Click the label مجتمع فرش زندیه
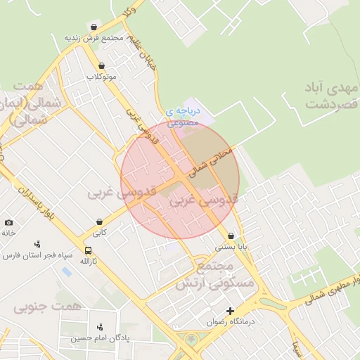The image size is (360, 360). pyautogui.click(x=94, y=37)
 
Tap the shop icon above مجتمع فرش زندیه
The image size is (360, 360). pyautogui.click(x=94, y=27)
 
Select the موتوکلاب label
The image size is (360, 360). pyautogui.click(x=101, y=75)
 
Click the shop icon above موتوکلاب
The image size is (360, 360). pyautogui.click(x=102, y=65)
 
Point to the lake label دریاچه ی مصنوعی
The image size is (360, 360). pyautogui.click(x=184, y=116)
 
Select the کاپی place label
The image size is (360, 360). pyautogui.click(x=100, y=232)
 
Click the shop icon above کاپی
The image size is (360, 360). pyautogui.click(x=100, y=222)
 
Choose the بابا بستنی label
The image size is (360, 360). pyautogui.click(x=231, y=247)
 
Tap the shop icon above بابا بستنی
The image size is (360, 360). pyautogui.click(x=231, y=237)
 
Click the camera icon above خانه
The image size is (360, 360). pyautogui.click(x=8, y=222)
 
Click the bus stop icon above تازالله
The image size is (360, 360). pyautogui.click(x=88, y=250)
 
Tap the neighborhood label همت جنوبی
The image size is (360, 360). pyautogui.click(x=47, y=307)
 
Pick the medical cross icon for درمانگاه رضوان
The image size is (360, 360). pyautogui.click(x=229, y=311)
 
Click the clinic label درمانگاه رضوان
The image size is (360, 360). pyautogui.click(x=229, y=321)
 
